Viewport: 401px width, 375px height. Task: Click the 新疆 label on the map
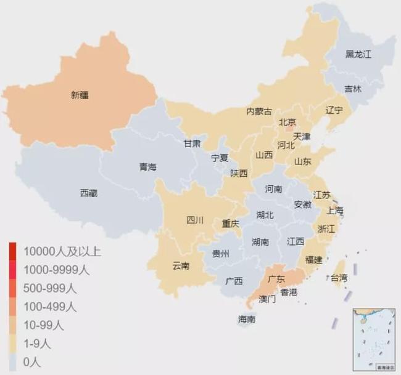point(80,95)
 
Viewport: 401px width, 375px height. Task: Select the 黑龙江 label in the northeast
point(358,54)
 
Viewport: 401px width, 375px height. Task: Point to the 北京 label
point(287,122)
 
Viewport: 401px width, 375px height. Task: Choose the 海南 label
point(247,320)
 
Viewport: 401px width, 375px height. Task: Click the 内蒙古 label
point(259,111)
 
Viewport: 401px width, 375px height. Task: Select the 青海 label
point(148,167)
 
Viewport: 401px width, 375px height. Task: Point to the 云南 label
point(181,265)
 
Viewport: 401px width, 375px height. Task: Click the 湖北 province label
point(266,215)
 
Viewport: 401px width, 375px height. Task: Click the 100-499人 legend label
point(49,306)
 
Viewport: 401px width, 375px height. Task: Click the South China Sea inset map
point(374,339)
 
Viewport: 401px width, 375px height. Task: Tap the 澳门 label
point(267,299)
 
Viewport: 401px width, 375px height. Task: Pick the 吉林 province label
point(353,89)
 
